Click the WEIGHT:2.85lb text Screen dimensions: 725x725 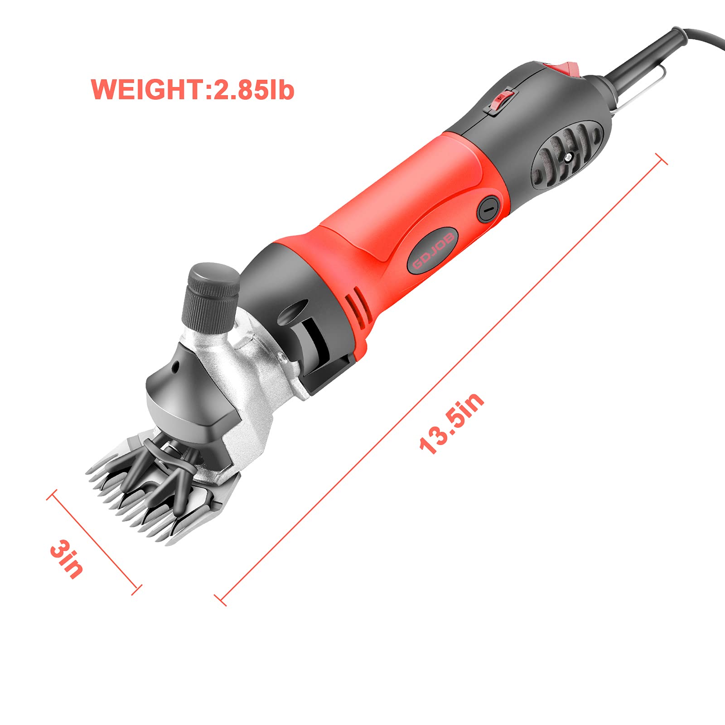click(193, 89)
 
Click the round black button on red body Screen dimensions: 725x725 click(488, 209)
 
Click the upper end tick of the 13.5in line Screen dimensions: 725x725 click(661, 159)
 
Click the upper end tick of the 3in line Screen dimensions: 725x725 click(53, 495)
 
